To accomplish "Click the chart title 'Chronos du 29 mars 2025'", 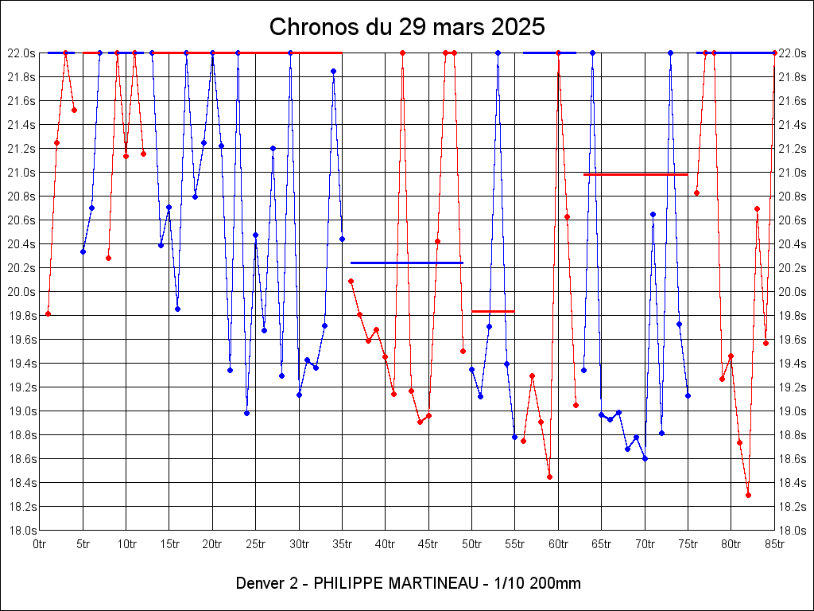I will [407, 26].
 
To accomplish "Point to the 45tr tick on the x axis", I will [429, 544].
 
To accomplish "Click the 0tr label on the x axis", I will [40, 544].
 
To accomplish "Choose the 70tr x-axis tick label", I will [645, 544].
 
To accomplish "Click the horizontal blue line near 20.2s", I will [406, 263].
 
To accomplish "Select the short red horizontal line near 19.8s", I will [493, 311].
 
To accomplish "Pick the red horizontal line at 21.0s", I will [635, 174].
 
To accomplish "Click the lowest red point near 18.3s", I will [748, 495].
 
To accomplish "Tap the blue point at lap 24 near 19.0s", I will [246, 413].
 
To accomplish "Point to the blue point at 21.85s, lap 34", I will [333, 71].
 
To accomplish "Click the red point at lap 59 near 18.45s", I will [549, 477].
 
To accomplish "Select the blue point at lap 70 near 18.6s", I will [645, 458].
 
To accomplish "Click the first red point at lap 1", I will [48, 313].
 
